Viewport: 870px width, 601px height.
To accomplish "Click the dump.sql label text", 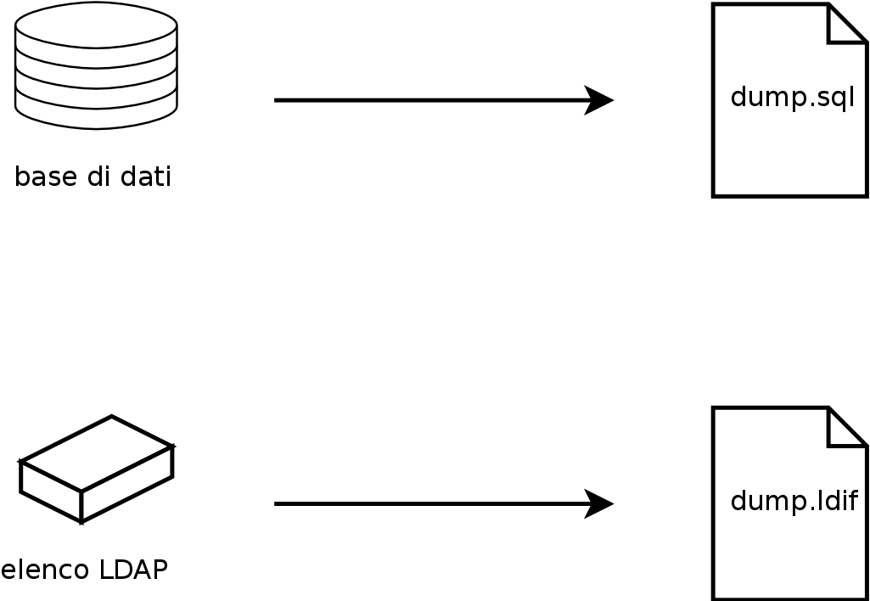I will pyautogui.click(x=792, y=98).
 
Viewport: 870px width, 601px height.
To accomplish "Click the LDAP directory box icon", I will pyautogui.click(x=96, y=469).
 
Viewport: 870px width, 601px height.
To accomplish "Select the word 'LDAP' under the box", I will pyautogui.click(x=133, y=570).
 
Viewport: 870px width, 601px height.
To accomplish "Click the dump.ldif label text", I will pyautogui.click(x=794, y=501).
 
